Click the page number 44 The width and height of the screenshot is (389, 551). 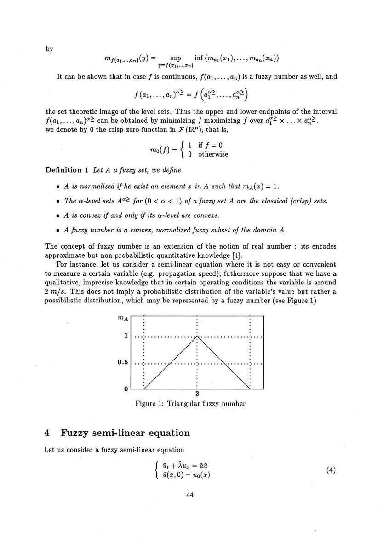pyautogui.click(x=191, y=495)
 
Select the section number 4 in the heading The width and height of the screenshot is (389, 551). pyautogui.click(x=46, y=433)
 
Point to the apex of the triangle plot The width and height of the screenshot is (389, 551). pyautogui.click(x=197, y=336)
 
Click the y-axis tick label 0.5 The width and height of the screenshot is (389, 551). pyautogui.click(x=123, y=362)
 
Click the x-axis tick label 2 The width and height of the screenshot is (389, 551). pyautogui.click(x=197, y=394)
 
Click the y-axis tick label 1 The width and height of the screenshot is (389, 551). pyautogui.click(x=126, y=336)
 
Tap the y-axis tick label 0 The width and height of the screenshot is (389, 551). pyautogui.click(x=126, y=389)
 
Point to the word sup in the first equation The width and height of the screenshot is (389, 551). pyautogui.click(x=176, y=58)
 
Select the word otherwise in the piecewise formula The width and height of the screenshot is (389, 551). pyautogui.click(x=213, y=154)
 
